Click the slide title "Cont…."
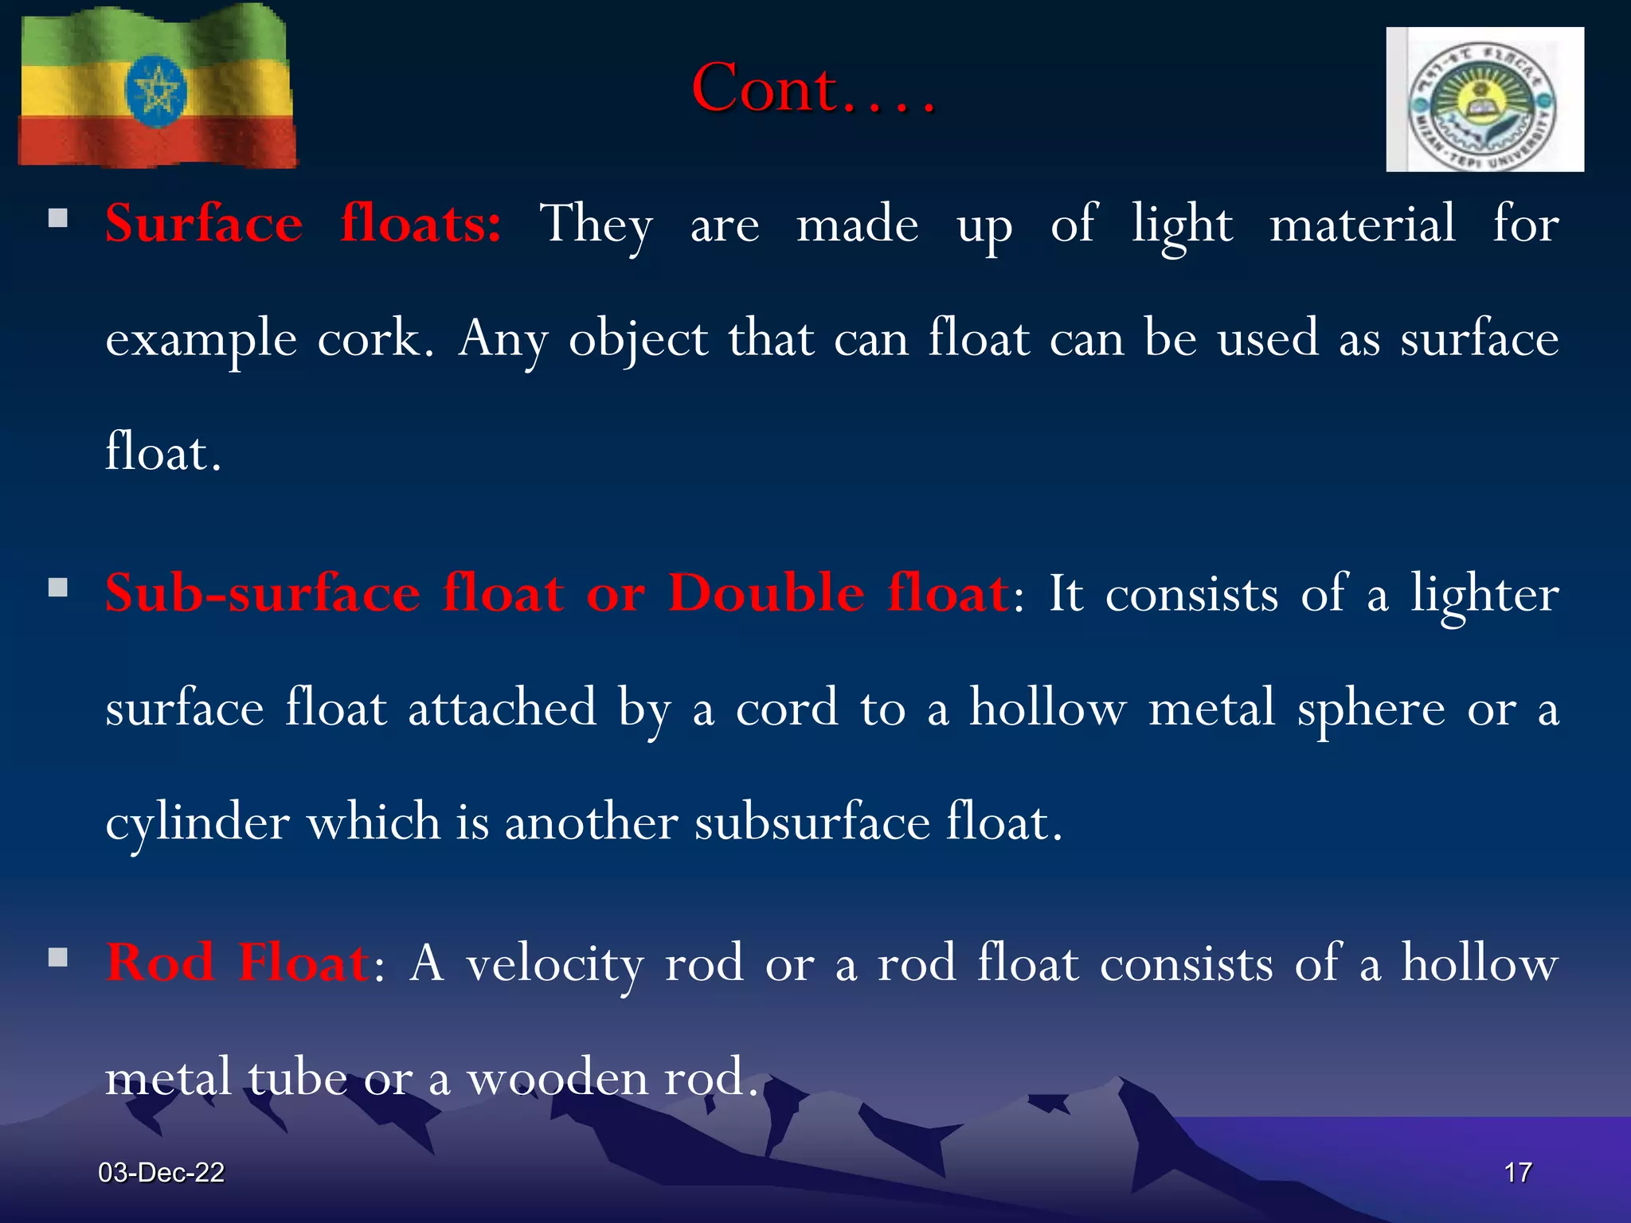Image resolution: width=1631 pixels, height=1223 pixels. [812, 89]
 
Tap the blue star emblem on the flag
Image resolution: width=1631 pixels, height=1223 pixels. [156, 90]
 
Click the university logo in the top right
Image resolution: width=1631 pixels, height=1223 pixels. [1484, 100]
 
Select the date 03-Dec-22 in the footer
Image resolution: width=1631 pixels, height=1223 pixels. [161, 1172]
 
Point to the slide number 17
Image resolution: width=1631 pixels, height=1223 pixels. [1517, 1172]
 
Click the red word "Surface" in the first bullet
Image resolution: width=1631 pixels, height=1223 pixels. [204, 224]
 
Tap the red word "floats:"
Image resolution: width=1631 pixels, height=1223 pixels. [420, 224]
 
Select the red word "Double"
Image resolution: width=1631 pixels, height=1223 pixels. [766, 593]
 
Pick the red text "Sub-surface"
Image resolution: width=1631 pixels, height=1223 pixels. [263, 593]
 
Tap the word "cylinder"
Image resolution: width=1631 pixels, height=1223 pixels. [197, 823]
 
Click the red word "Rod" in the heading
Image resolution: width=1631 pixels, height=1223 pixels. [161, 963]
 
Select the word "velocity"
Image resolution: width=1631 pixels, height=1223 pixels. [554, 964]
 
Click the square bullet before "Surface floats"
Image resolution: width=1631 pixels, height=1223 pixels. [58, 218]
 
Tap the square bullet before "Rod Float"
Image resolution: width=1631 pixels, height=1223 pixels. [58, 957]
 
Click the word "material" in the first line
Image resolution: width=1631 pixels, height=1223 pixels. [1363, 224]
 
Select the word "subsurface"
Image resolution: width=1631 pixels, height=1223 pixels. [812, 823]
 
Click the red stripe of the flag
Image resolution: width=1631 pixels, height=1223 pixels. [156, 142]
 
